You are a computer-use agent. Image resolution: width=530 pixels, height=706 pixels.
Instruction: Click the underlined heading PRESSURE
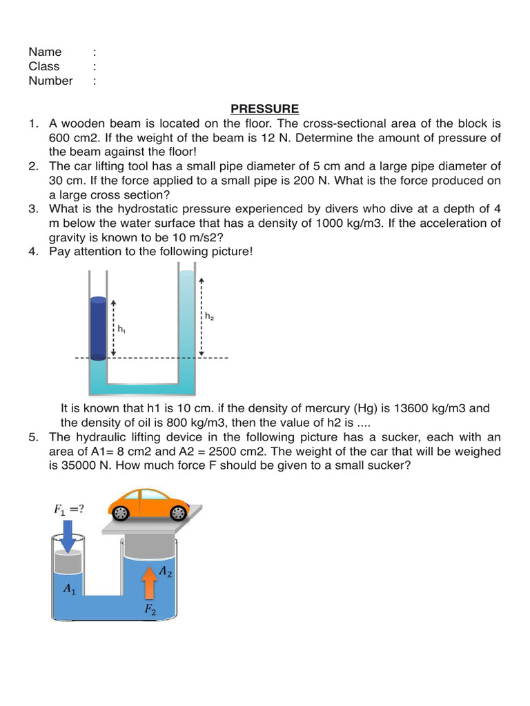tap(264, 109)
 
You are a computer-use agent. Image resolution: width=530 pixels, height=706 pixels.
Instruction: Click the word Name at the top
tap(45, 52)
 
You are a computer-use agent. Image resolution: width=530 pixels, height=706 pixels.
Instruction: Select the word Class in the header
tap(44, 66)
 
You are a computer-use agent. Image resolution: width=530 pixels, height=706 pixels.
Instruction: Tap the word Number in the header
tap(50, 81)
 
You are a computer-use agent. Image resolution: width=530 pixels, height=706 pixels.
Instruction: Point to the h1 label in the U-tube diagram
tap(121, 330)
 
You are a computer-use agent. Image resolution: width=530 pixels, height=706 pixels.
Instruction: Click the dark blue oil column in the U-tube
tap(98, 328)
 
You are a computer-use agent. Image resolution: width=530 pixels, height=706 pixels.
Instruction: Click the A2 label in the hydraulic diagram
tap(166, 570)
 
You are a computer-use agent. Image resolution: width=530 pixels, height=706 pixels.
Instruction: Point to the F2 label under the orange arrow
tap(150, 609)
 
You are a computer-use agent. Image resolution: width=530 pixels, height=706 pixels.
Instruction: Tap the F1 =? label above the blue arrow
tap(69, 510)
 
